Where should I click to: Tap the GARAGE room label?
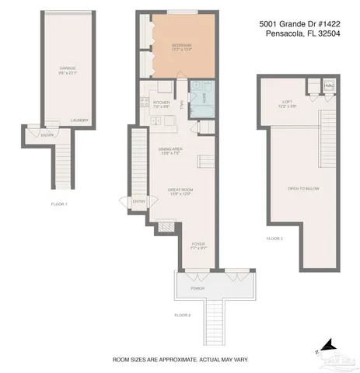point(67,68)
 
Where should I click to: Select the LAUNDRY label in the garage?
point(79,120)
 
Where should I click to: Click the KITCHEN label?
point(161,103)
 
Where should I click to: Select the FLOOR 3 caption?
point(274,238)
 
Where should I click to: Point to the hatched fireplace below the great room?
point(165,227)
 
